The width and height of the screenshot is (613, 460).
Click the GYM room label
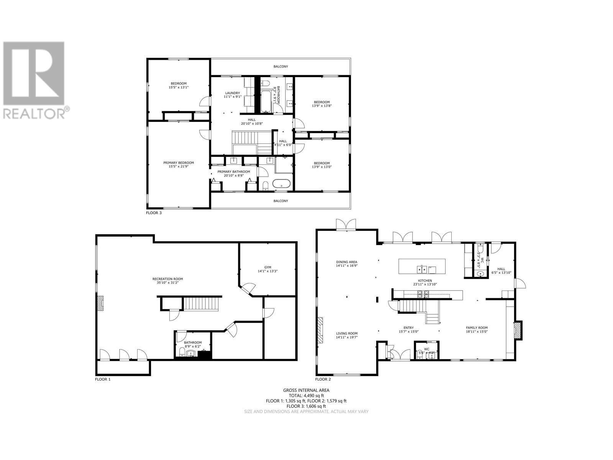point(267,267)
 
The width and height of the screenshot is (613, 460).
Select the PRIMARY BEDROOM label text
point(179,163)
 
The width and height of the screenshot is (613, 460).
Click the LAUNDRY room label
point(232,93)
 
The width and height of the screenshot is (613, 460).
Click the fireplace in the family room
point(518,330)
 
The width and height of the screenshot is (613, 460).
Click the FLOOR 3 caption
point(154,213)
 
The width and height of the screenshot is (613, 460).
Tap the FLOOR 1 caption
point(103,379)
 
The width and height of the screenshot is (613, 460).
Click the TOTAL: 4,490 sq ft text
point(306,396)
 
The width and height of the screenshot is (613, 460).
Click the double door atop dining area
point(346,225)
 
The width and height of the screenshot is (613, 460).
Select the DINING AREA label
point(346,262)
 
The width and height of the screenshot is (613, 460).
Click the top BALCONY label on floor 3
point(280,67)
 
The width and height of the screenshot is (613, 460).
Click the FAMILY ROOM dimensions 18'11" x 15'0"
point(477,332)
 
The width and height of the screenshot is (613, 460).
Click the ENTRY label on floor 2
point(408,328)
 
